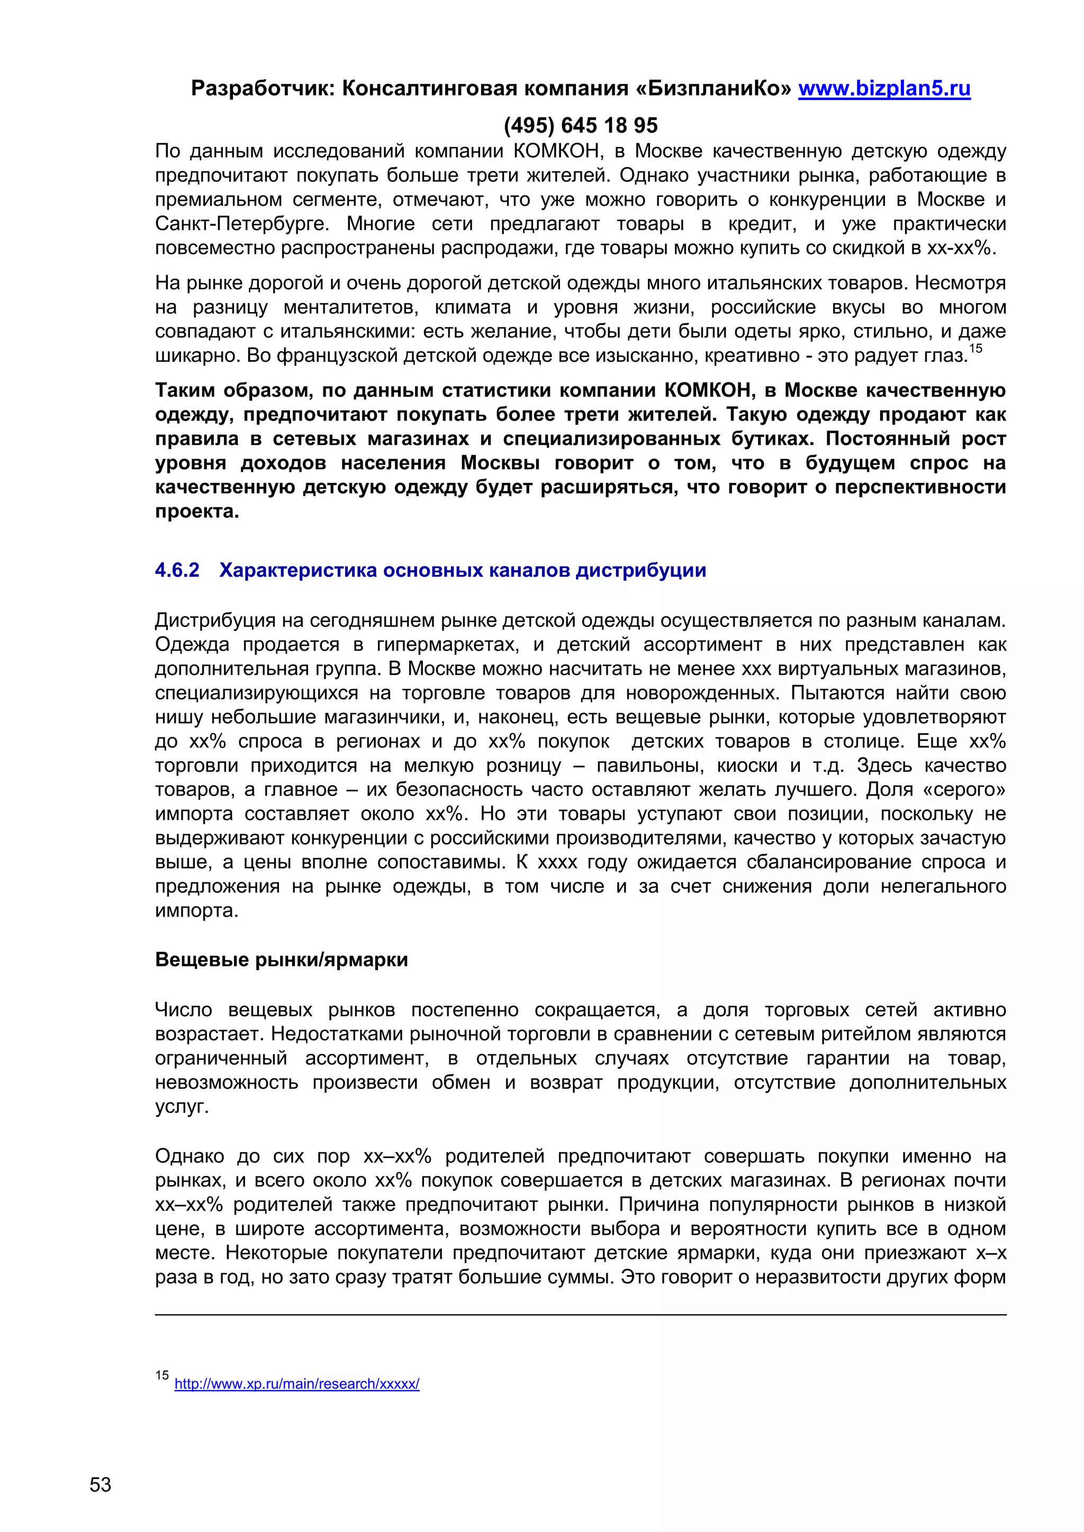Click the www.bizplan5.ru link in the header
884,89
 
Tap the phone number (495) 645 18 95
581,125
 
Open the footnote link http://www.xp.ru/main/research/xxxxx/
296,1384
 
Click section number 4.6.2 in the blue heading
177,570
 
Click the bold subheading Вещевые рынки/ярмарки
281,960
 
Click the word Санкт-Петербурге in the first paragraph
242,224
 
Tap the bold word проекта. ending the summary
197,512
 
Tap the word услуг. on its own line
182,1107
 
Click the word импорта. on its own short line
196,911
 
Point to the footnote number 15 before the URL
162,1375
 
